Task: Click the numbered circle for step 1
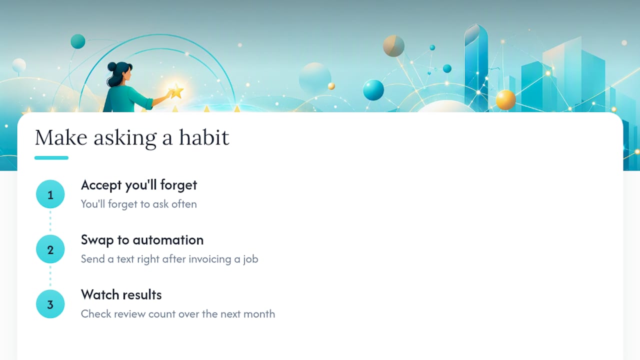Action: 50,194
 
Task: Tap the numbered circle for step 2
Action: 50,249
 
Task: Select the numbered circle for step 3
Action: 50,304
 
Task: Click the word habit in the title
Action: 204,137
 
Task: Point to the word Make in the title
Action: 61,137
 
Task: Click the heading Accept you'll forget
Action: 139,185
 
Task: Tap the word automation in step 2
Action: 168,240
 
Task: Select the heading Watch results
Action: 121,295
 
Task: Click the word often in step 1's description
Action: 184,204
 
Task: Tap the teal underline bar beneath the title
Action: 51,157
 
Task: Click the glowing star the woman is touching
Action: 176,91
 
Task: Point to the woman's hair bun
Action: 111,66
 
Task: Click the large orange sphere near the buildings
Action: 505,100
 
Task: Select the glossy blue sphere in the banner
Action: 373,90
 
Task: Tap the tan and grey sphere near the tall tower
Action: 393,45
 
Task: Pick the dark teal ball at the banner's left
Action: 78,41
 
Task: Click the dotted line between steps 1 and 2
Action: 50,221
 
